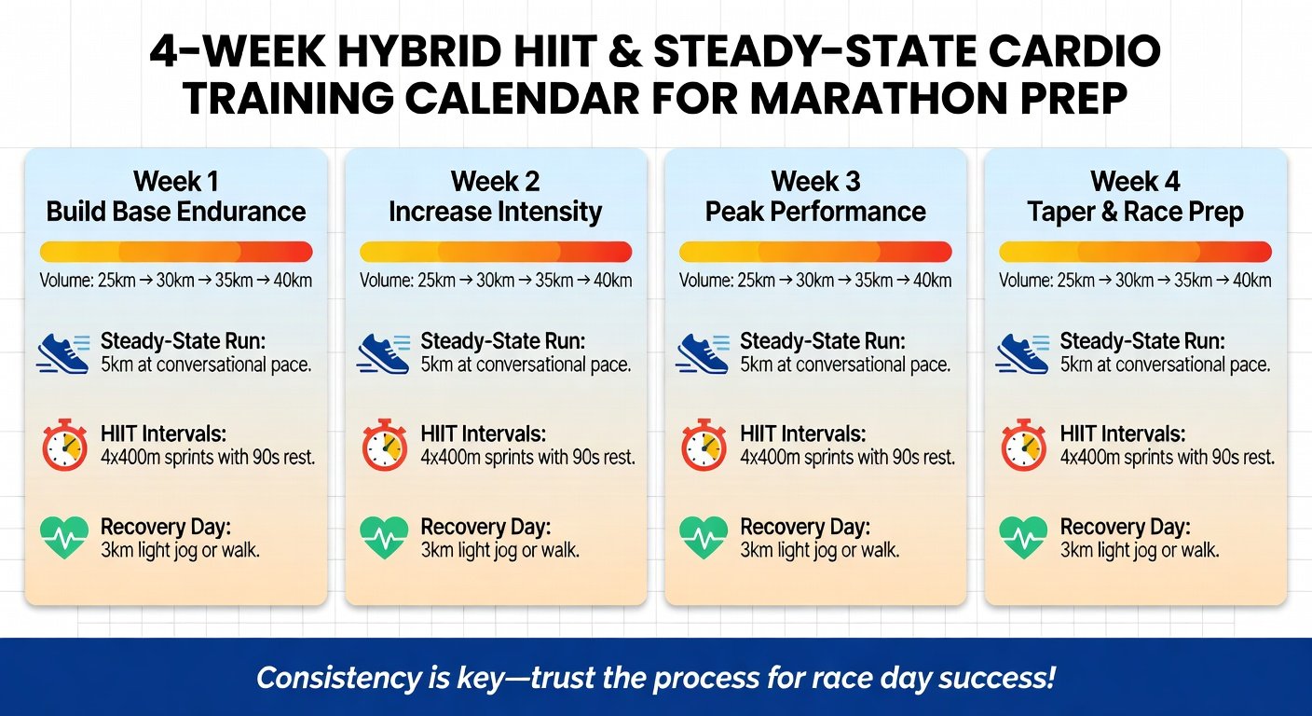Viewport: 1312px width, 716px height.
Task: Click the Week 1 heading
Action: pyautogui.click(x=175, y=181)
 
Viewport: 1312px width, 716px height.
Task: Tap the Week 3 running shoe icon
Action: pyautogui.click(x=703, y=354)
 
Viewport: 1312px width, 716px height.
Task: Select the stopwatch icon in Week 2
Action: pyautogui.click(x=384, y=445)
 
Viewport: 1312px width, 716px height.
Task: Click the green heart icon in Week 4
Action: pyautogui.click(x=1023, y=538)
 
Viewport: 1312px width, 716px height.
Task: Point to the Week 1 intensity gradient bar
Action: pyautogui.click(x=176, y=252)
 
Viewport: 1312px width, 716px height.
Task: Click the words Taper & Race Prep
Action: pyautogui.click(x=1135, y=213)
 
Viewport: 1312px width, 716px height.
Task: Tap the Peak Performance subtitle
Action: pyautogui.click(x=815, y=213)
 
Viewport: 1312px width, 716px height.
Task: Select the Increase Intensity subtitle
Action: pyautogui.click(x=495, y=213)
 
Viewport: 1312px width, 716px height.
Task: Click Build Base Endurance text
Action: pyautogui.click(x=176, y=213)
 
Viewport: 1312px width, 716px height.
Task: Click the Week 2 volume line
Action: pyautogui.click(x=495, y=281)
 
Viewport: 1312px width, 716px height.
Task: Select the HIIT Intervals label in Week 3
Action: pyautogui.click(x=802, y=434)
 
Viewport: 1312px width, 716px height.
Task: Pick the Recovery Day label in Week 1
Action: pyautogui.click(x=163, y=527)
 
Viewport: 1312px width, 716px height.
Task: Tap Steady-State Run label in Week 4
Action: pyautogui.click(x=1142, y=341)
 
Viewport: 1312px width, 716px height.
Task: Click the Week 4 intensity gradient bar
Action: pyautogui.click(x=1135, y=252)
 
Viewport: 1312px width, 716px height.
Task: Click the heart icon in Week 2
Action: pyautogui.click(x=384, y=538)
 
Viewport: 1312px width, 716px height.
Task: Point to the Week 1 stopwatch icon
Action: pyautogui.click(x=64, y=445)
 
